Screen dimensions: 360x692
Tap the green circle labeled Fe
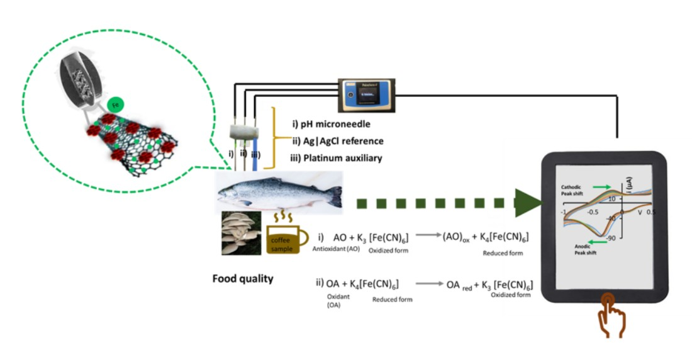click(x=115, y=104)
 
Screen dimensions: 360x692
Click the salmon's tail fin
click(x=333, y=196)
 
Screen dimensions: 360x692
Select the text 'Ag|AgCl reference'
click(x=333, y=140)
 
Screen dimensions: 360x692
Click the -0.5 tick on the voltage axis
click(x=592, y=213)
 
